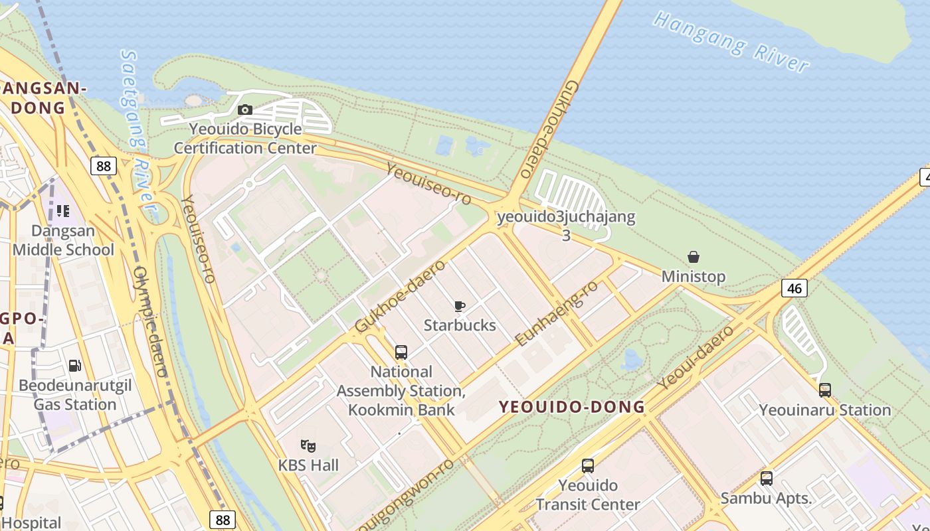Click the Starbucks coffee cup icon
(459, 306)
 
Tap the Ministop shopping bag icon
(694, 257)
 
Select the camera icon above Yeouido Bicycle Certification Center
(245, 110)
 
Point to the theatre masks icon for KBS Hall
(308, 445)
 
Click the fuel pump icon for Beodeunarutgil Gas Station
(75, 366)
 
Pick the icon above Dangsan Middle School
(63, 211)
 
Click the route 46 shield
(794, 287)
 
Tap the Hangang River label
(731, 41)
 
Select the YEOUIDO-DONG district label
(572, 407)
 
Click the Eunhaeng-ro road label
(557, 313)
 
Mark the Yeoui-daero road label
(696, 357)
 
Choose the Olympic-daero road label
(150, 322)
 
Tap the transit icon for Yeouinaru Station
(825, 390)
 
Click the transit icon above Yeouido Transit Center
(588, 466)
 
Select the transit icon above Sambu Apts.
(767, 478)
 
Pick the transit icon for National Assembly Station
(401, 352)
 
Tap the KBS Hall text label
(308, 465)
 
